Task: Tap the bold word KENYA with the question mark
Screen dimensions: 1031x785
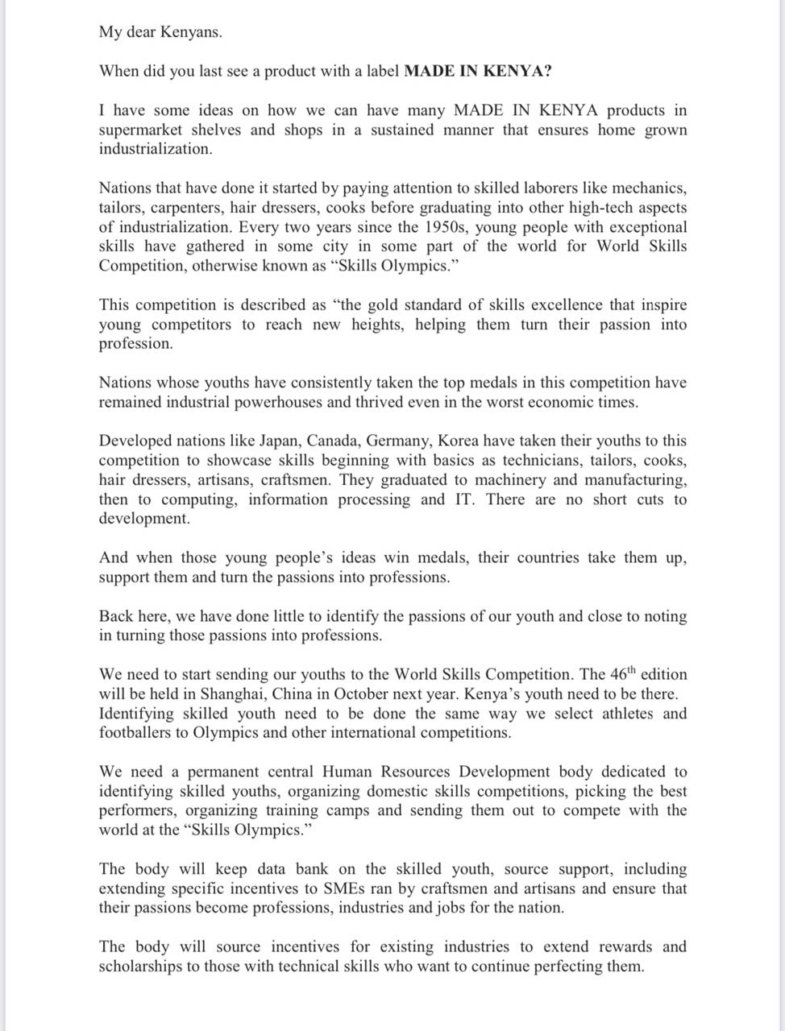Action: coord(521,71)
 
